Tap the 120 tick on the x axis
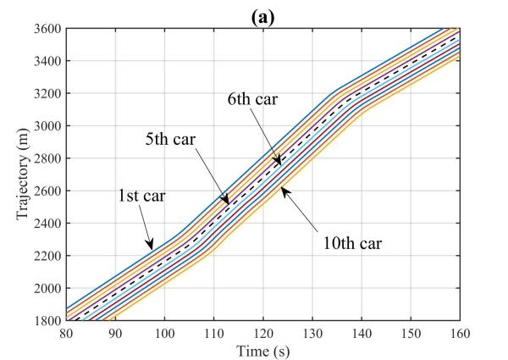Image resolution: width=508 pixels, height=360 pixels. click(263, 334)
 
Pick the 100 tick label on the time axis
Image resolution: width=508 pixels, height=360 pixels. click(164, 334)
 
